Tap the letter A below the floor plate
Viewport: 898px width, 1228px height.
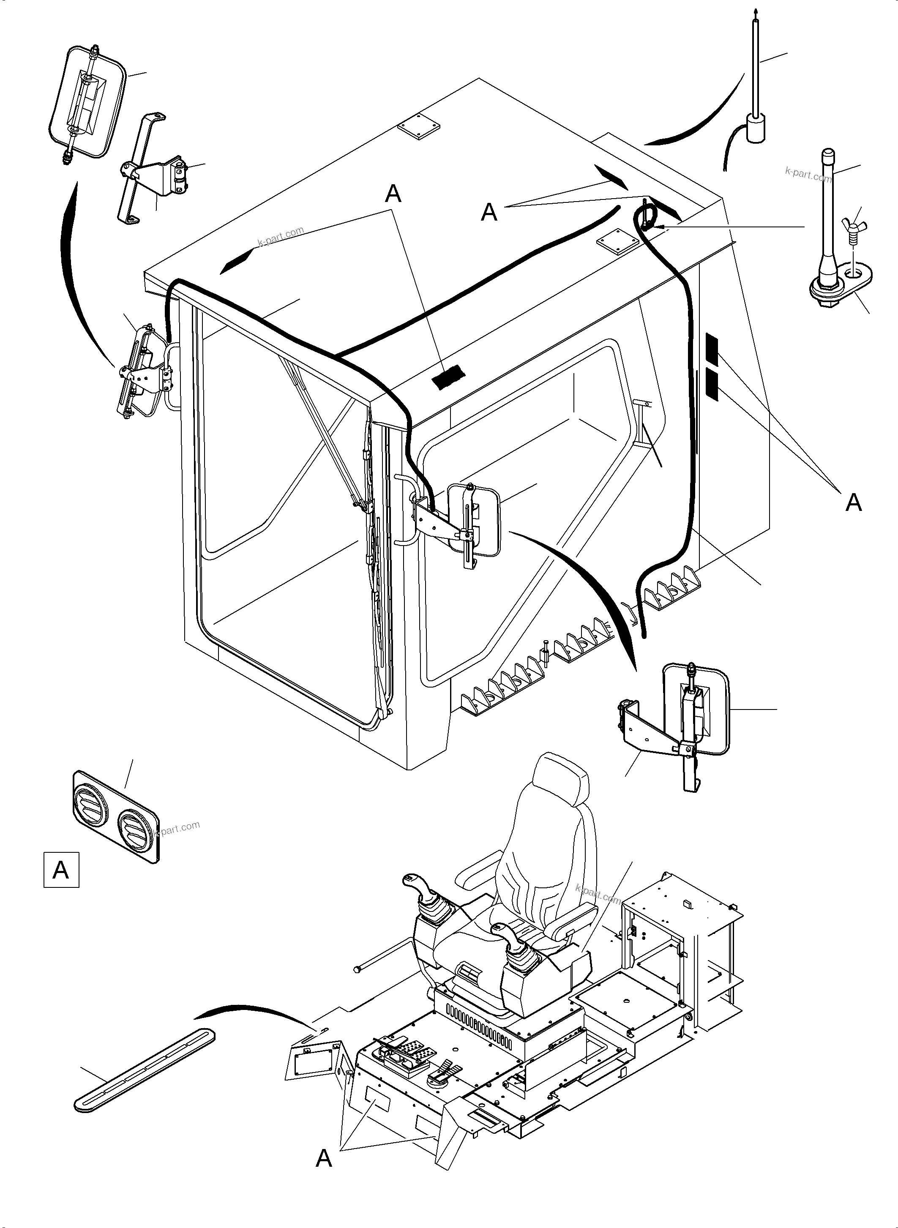pos(324,1158)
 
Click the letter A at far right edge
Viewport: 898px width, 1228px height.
pos(854,502)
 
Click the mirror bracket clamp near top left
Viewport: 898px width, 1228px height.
pos(179,173)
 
